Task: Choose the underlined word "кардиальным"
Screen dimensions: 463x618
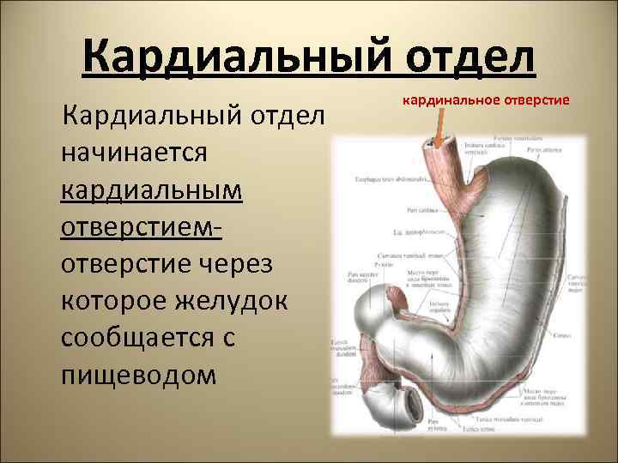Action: click(152, 189)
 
